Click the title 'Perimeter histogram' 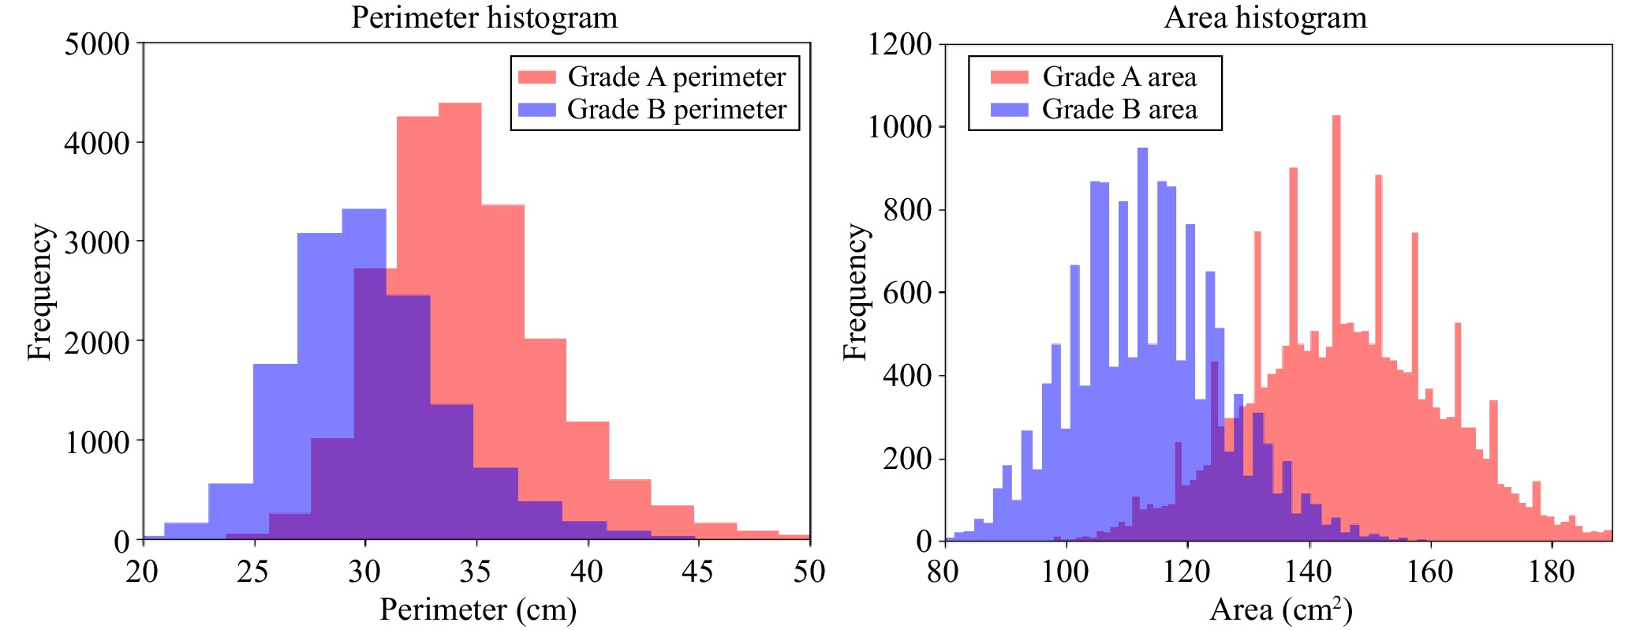484,17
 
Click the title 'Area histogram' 1265,17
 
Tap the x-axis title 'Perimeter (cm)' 478,609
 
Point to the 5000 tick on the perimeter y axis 96,43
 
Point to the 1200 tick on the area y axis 899,43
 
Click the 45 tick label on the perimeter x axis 697,572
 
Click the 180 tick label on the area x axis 1551,572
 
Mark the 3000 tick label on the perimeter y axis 96,242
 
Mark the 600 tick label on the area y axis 907,293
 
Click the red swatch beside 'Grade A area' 1009,77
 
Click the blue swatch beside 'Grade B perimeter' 536,109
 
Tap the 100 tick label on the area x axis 1065,572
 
